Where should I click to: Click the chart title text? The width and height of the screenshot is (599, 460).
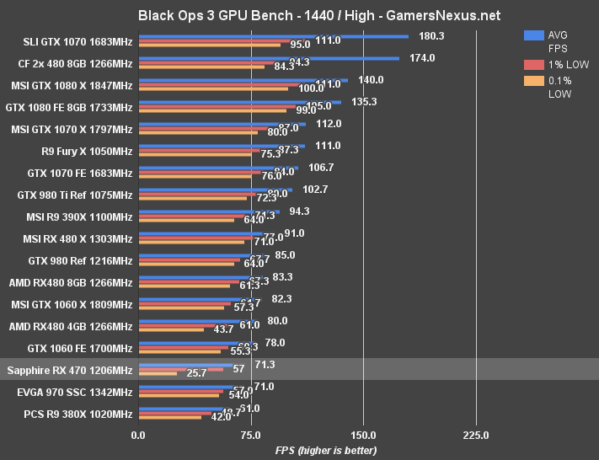(299, 15)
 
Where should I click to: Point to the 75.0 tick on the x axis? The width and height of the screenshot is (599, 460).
(250, 435)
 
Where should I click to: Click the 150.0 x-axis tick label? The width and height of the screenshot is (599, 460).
(363, 435)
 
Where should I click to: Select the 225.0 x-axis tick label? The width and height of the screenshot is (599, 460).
(476, 435)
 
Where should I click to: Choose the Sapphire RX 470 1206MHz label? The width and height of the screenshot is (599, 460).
(69, 370)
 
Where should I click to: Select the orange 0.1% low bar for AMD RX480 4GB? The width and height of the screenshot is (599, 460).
(171, 329)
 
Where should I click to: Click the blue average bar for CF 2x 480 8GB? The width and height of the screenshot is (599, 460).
(269, 58)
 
